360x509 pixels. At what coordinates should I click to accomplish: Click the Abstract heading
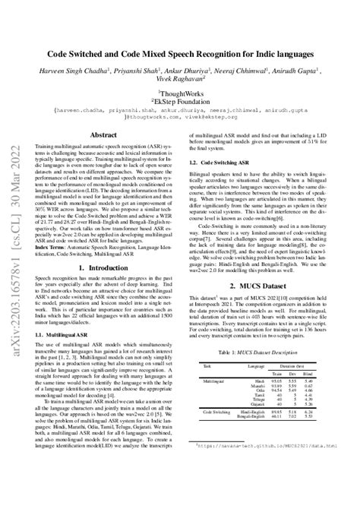pyautogui.click(x=107, y=134)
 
